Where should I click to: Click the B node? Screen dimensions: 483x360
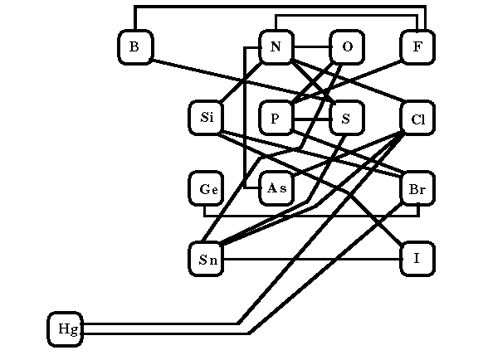click(x=135, y=47)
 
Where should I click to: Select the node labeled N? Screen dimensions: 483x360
click(x=276, y=47)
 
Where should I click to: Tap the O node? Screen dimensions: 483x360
click(x=347, y=47)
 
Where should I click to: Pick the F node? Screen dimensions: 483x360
click(x=417, y=47)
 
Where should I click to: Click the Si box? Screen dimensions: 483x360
click(x=206, y=118)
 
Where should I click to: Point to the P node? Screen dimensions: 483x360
click(x=276, y=118)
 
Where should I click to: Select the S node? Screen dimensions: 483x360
click(x=347, y=118)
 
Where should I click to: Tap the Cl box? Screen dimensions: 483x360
click(x=417, y=118)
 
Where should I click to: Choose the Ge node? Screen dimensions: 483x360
click(x=206, y=188)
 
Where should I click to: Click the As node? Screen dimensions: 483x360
click(x=276, y=188)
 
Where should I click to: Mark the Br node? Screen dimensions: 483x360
click(x=417, y=188)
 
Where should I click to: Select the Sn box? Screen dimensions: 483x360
click(x=206, y=259)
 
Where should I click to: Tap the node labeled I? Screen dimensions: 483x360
click(x=417, y=259)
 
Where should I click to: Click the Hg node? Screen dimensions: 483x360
click(x=65, y=329)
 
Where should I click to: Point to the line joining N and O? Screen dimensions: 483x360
click(x=312, y=47)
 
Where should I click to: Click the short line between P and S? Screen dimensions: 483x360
click(x=312, y=119)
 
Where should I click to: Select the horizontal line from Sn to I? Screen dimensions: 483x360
click(x=312, y=259)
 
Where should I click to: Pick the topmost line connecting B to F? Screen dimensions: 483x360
click(x=280, y=6)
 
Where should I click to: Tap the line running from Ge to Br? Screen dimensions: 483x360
click(x=311, y=216)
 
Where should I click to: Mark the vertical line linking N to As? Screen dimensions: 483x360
click(x=245, y=117)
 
